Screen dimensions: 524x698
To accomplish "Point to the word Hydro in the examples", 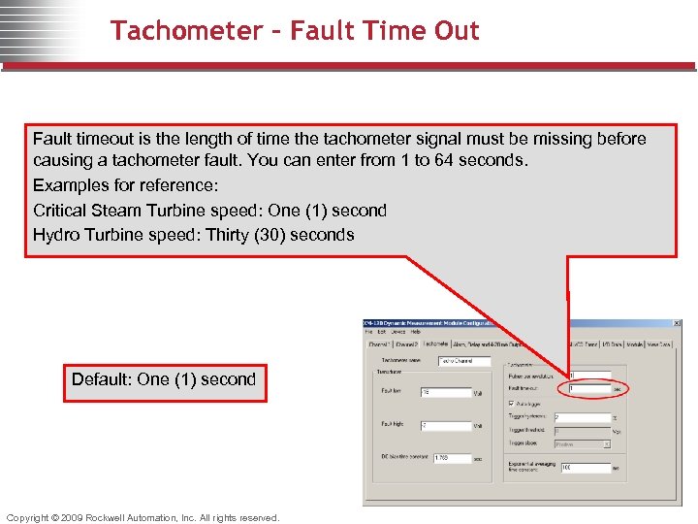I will tap(55, 235).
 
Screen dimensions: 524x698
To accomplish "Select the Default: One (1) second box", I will tap(164, 379).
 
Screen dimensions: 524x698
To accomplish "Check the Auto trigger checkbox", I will tap(512, 404).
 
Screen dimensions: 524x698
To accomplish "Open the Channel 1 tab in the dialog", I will tap(378, 344).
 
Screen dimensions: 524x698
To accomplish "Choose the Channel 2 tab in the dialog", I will tap(406, 344).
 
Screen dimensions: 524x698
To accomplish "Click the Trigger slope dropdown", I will tap(582, 444).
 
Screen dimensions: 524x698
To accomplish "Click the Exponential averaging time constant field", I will tap(586, 467).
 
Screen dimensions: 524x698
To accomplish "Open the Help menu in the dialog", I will tap(416, 332).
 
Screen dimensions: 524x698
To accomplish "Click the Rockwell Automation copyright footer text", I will tap(143, 517).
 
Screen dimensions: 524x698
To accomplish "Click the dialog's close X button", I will tap(678, 322).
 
